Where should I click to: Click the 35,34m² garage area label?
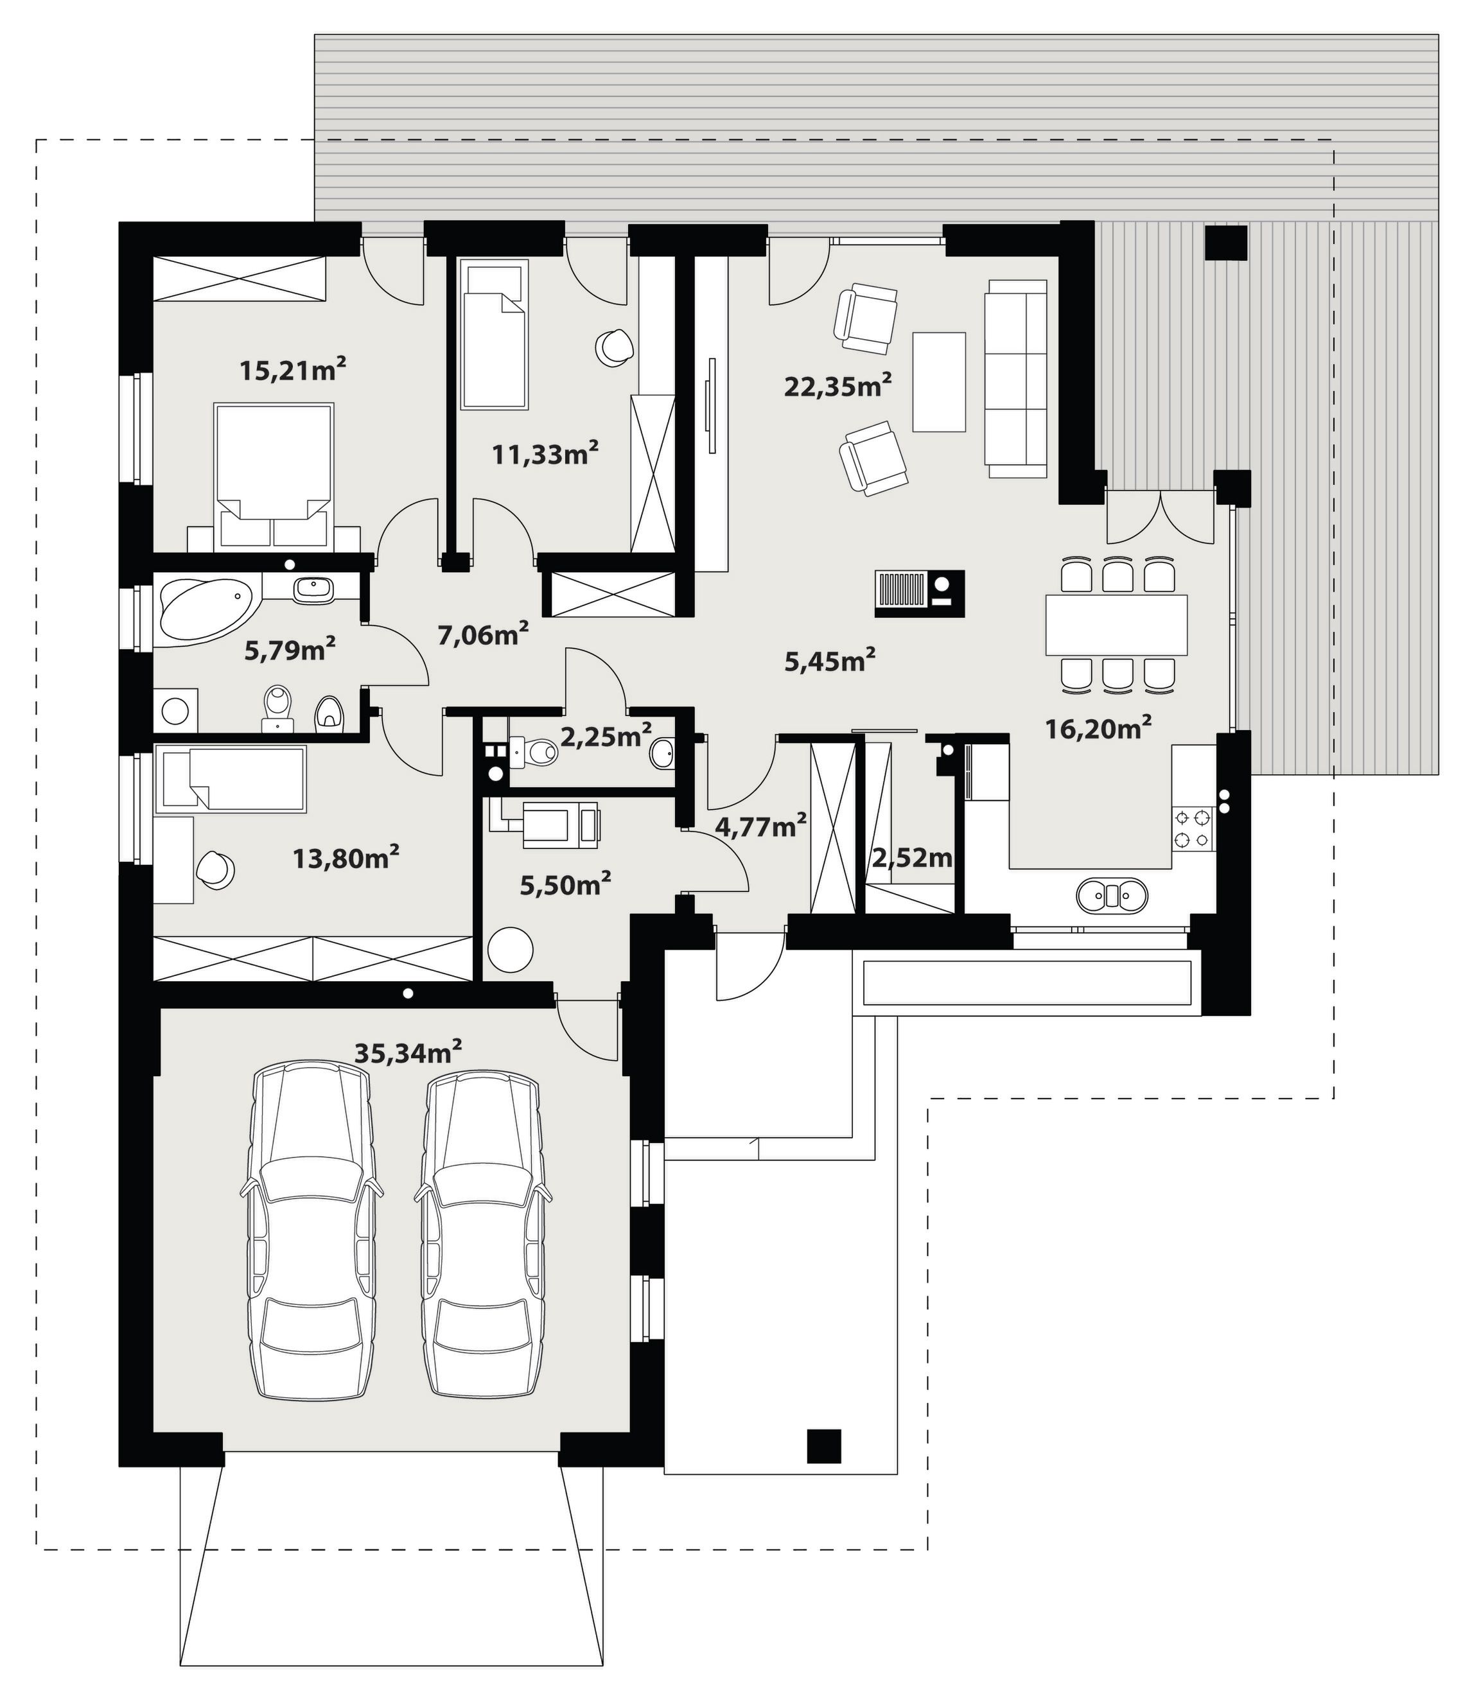tap(408, 1052)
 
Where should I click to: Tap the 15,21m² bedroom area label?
tap(293, 370)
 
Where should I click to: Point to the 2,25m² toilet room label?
tap(606, 737)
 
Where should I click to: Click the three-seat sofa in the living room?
tap(1017, 378)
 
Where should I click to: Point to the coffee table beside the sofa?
tap(938, 381)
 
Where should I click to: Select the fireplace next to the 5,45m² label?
tap(920, 593)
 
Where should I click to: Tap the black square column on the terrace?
tap(1226, 243)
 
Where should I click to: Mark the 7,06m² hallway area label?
tap(482, 634)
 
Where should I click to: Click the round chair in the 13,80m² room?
tap(215, 869)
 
